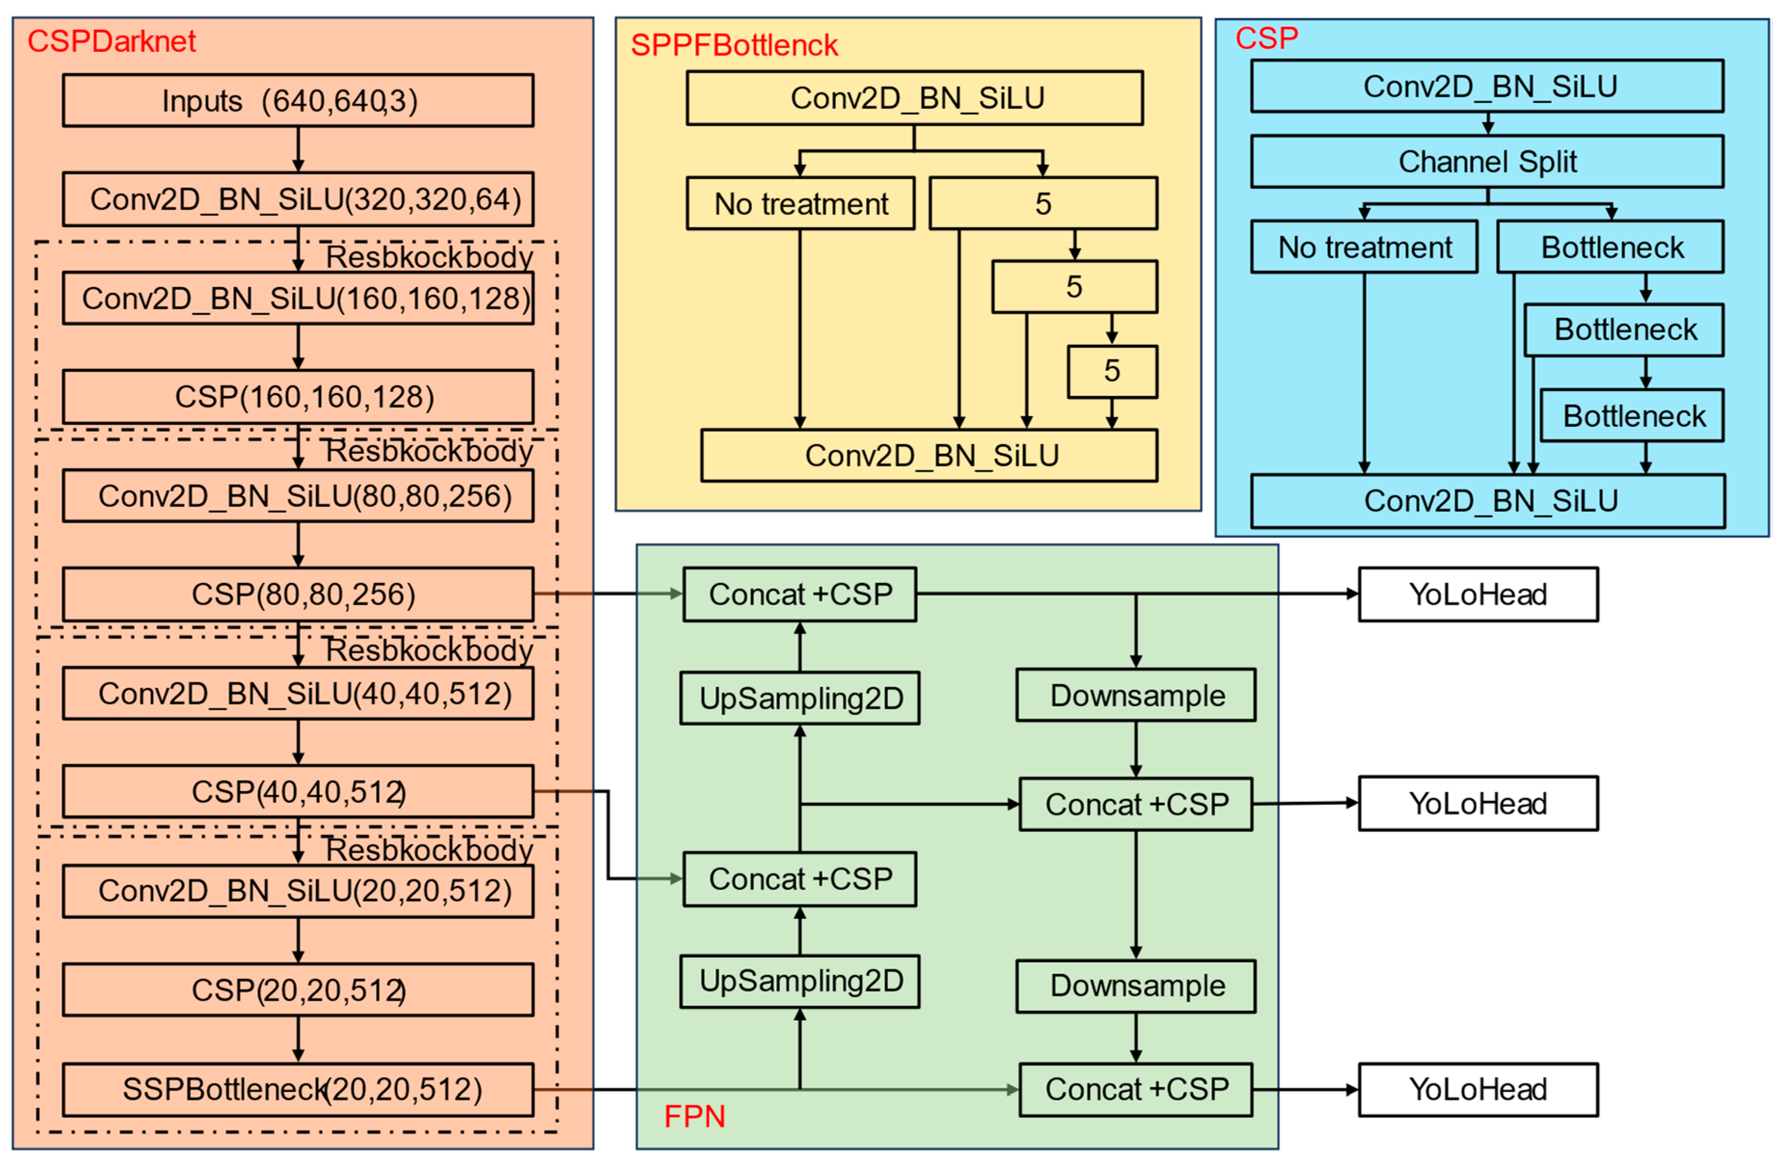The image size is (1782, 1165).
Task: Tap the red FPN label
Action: [694, 1116]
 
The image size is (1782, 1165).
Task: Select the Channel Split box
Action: [1487, 162]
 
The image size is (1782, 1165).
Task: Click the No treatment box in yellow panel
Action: [801, 204]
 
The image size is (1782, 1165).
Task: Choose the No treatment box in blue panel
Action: [1364, 247]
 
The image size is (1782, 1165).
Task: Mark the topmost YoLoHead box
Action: [1478, 594]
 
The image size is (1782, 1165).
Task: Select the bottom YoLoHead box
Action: [1478, 1089]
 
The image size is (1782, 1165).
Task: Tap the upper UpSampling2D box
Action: [800, 698]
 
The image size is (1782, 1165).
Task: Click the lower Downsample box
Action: [1136, 986]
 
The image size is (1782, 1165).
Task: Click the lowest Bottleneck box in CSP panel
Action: [1632, 415]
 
